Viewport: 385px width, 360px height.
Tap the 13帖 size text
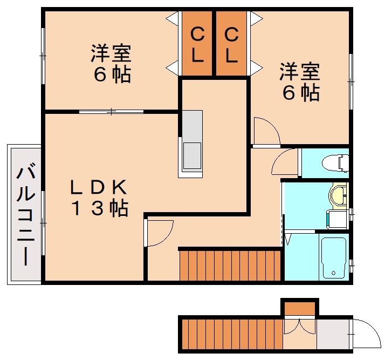point(100,208)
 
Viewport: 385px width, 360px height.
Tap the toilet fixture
point(334,162)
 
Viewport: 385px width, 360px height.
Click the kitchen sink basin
point(191,155)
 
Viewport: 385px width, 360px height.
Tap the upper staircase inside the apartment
point(230,264)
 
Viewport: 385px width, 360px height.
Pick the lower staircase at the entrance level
point(232,334)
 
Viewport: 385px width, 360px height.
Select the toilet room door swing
point(286,161)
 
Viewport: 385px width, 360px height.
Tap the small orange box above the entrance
point(299,309)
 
